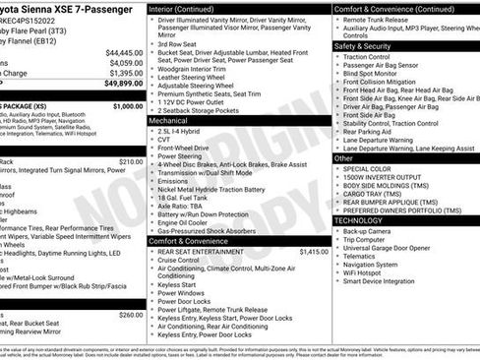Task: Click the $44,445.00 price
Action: click(125, 51)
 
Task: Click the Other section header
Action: click(343, 157)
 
